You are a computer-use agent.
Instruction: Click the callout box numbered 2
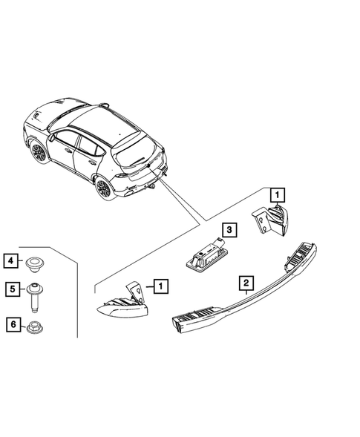pyautogui.click(x=243, y=282)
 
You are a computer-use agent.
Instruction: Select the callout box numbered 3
pyautogui.click(x=230, y=231)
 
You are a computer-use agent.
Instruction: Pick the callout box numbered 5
pyautogui.click(x=11, y=291)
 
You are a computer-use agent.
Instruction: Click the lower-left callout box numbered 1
pyautogui.click(x=160, y=284)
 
